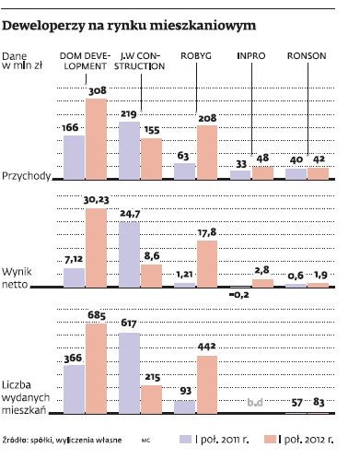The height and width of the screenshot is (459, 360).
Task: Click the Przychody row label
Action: pyautogui.click(x=27, y=174)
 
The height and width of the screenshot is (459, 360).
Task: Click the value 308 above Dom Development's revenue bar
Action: pyautogui.click(x=98, y=90)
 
